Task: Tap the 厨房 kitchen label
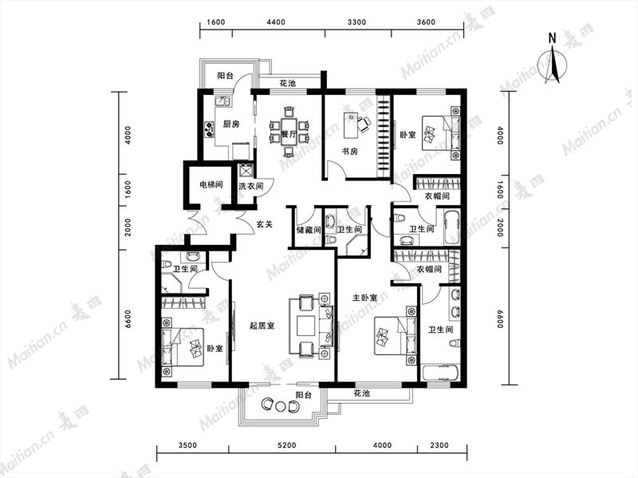(231, 124)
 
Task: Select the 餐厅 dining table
(289, 131)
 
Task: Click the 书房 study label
(349, 152)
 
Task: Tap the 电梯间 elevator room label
(211, 185)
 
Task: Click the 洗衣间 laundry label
(250, 187)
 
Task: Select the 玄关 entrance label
(265, 224)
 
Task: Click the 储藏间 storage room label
(309, 231)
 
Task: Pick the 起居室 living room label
(262, 326)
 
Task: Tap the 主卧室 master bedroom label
(364, 298)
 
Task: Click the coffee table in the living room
(306, 326)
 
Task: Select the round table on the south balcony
(281, 406)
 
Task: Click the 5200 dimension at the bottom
(287, 445)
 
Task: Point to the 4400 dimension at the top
(276, 22)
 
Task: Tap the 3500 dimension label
(187, 445)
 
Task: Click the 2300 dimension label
(439, 445)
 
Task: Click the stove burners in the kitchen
(209, 129)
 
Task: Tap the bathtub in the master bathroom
(441, 373)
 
